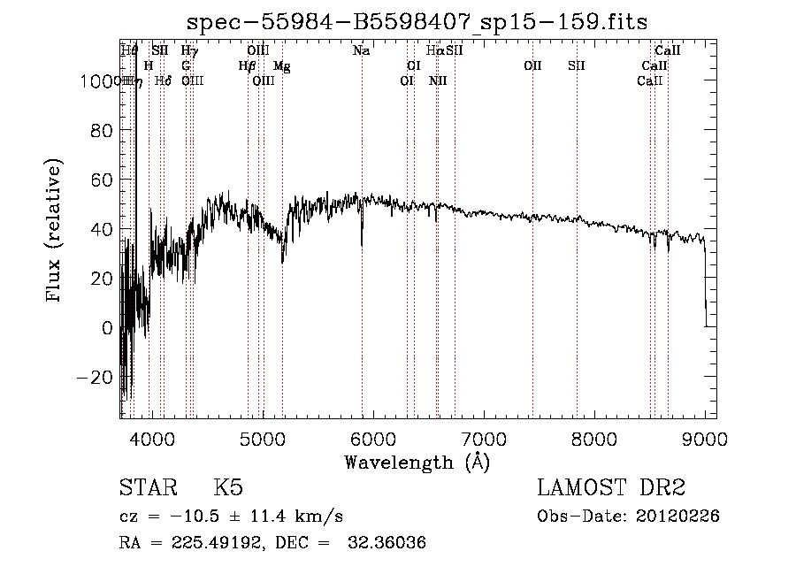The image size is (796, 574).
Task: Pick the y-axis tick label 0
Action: [x=108, y=327]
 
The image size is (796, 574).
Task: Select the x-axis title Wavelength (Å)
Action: [x=417, y=462]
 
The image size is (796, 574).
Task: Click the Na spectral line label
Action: [x=361, y=51]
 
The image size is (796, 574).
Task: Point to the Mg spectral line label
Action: [x=281, y=66]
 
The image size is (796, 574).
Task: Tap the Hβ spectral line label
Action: [x=247, y=66]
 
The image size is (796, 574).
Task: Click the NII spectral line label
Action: [x=438, y=81]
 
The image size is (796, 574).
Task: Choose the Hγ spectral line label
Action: [x=189, y=51]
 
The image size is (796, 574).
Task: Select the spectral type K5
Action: [x=228, y=488]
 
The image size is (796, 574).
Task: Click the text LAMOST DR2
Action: [x=611, y=488]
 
